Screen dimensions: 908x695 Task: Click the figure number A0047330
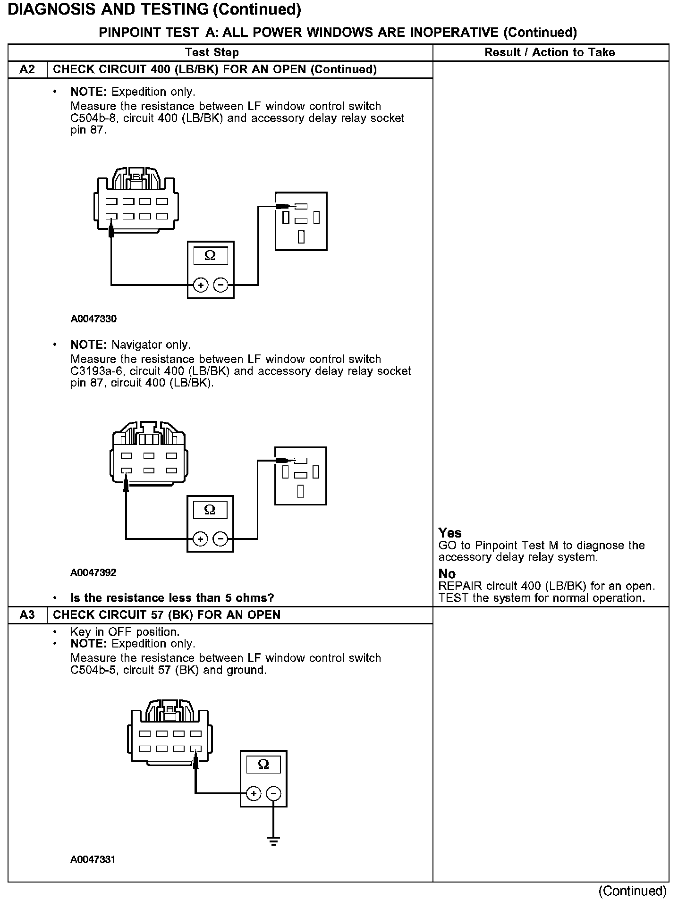click(93, 319)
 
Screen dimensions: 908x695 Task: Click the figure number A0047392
click(93, 573)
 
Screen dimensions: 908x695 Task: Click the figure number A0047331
click(93, 859)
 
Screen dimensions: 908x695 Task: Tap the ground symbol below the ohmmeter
click(273, 841)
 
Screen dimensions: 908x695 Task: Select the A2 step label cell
click(27, 70)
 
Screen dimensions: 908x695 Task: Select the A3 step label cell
click(27, 615)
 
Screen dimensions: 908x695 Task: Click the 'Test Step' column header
click(212, 52)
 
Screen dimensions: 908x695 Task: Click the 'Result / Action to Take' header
click(550, 52)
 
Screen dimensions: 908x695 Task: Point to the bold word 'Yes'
click(450, 533)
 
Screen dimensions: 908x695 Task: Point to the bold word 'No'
click(447, 574)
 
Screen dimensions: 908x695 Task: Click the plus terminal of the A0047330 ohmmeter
click(201, 286)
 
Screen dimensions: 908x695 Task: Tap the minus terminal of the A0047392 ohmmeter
click(220, 539)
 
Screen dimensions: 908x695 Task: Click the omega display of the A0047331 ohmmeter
click(263, 764)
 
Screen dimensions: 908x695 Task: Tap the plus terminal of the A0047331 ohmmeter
click(254, 794)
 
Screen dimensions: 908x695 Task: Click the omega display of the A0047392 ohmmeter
click(210, 510)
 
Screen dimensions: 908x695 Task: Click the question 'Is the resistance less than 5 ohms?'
click(172, 598)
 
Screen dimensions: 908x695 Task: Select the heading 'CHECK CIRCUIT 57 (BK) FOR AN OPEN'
click(167, 615)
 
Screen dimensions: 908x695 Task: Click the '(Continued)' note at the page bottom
click(632, 891)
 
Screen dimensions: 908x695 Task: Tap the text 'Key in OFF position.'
click(125, 632)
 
